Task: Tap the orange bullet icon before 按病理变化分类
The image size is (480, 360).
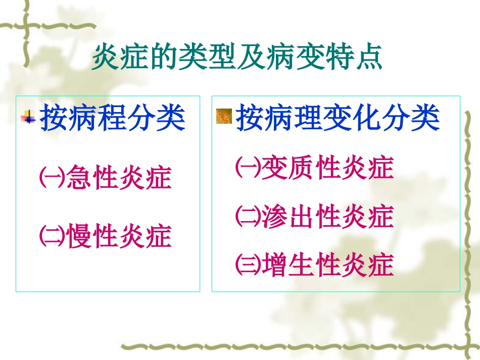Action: (x=224, y=116)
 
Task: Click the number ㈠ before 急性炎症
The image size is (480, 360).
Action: (x=52, y=177)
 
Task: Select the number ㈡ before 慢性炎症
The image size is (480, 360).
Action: (x=52, y=236)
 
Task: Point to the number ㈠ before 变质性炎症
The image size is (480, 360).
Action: (x=248, y=168)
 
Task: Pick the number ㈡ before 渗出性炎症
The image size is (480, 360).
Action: (x=248, y=216)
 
